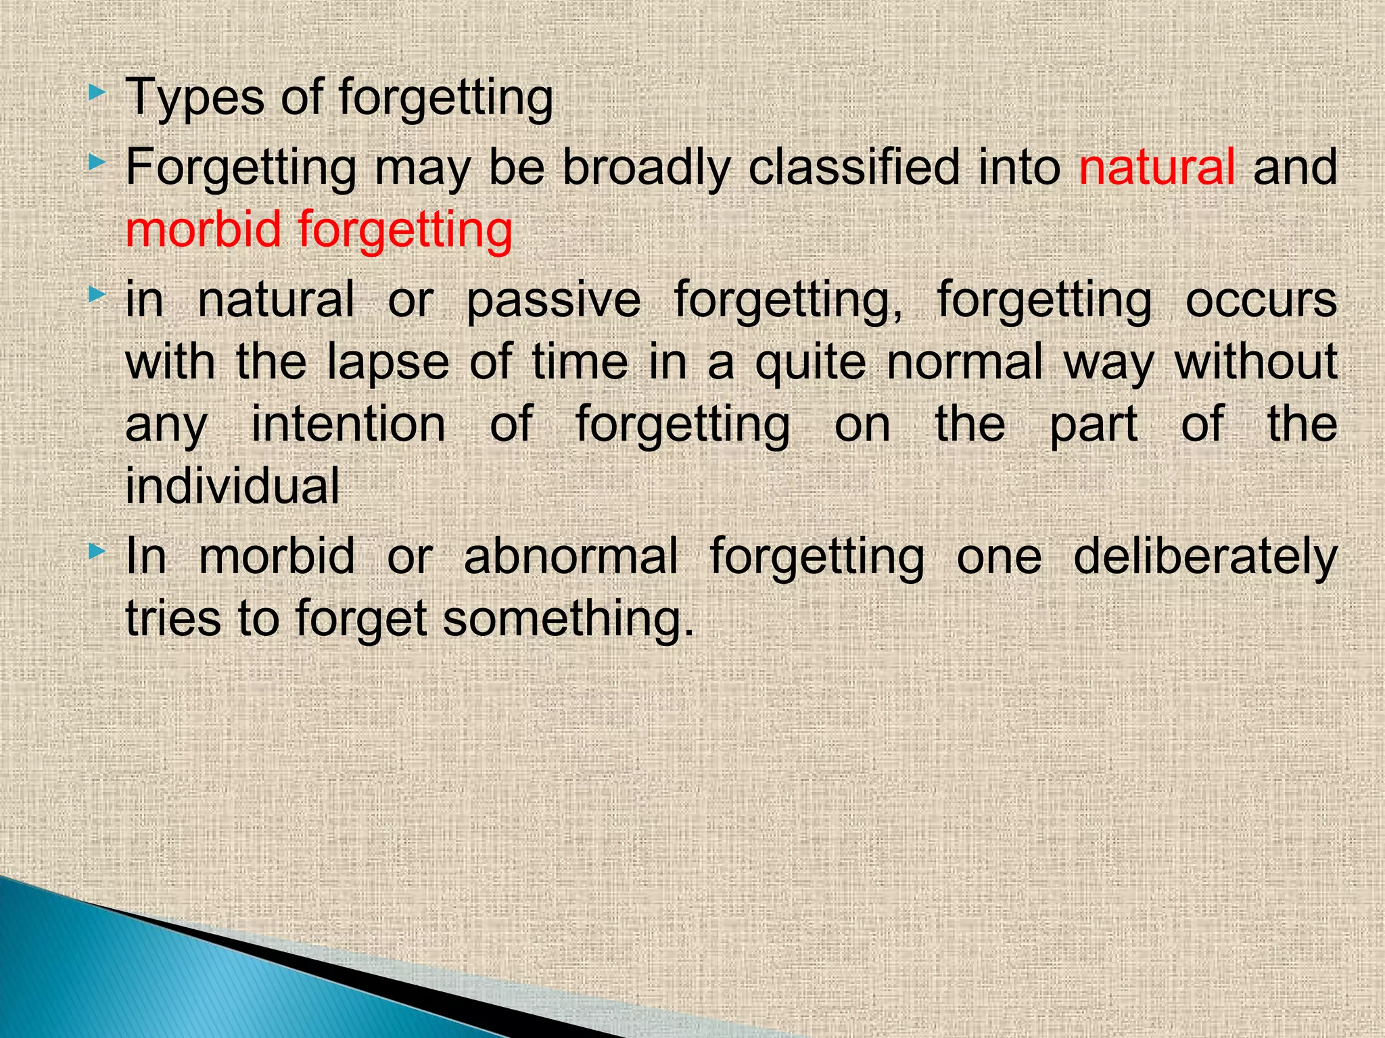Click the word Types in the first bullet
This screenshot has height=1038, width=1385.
[x=195, y=99]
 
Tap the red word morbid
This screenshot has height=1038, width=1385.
[x=204, y=230]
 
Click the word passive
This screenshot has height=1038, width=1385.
[x=553, y=300]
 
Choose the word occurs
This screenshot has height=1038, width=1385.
[x=1261, y=300]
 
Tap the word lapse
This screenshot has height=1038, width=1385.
[x=388, y=363]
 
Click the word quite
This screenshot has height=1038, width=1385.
[x=811, y=363]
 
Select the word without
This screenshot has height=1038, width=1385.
[x=1257, y=363]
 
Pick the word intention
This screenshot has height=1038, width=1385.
[x=348, y=425]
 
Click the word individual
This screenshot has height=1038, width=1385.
[x=233, y=487]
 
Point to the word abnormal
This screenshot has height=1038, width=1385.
[x=571, y=557]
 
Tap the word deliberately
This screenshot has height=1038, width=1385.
[x=1206, y=558]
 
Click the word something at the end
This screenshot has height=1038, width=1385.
[x=568, y=619]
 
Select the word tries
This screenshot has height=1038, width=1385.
[x=172, y=619]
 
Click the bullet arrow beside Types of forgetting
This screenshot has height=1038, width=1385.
[x=97, y=93]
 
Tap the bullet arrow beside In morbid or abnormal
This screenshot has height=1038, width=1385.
[x=97, y=552]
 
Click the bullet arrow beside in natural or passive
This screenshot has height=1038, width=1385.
[x=97, y=295]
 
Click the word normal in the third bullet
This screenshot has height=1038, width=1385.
[x=966, y=363]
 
